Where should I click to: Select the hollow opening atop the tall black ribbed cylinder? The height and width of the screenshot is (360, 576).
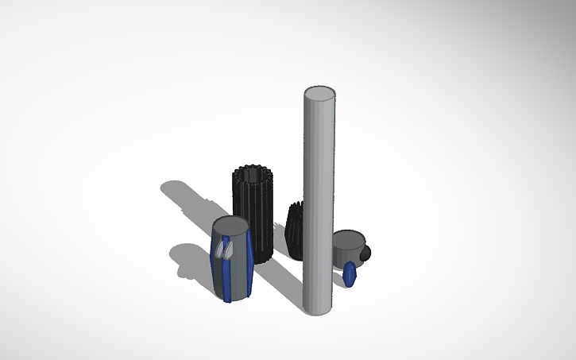(253, 173)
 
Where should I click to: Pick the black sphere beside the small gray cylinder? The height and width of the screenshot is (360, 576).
(365, 253)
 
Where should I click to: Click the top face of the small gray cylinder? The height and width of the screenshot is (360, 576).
(348, 238)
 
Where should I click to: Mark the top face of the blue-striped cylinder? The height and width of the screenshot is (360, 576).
(231, 226)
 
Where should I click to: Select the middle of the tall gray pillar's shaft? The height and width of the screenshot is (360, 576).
(319, 199)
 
